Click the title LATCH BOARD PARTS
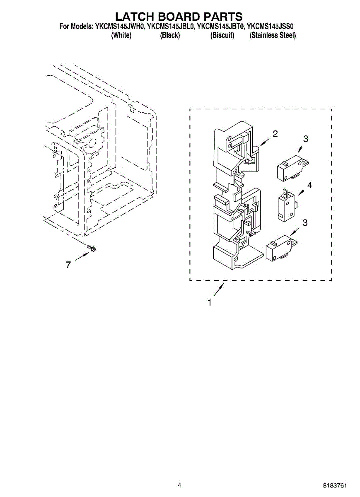pos(179,17)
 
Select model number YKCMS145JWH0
pos(120,27)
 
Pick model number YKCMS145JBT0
pos(220,27)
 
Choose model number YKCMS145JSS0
pos(271,27)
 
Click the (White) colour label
pos(121,36)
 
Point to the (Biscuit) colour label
pos(222,36)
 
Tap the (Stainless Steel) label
pos(273,36)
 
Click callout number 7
pos(69,265)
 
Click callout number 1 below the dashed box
pos(210,303)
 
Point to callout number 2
pos(275,133)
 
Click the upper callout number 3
pos(305,139)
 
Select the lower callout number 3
pos(305,223)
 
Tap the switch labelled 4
pos(285,206)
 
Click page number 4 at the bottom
pos(179,485)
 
